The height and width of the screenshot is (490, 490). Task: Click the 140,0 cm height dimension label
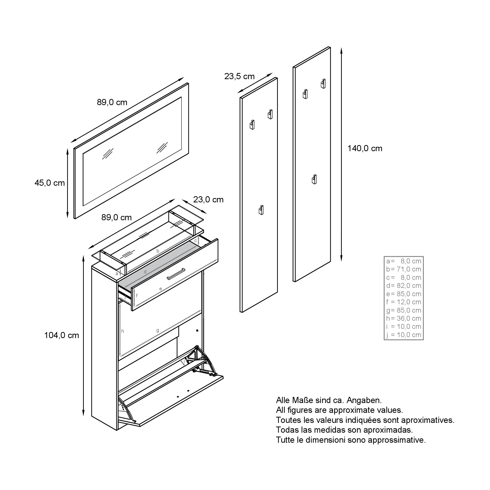click(365, 148)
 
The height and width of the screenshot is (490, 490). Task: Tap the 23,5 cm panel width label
click(239, 76)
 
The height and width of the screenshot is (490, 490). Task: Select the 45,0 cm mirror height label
click(50, 183)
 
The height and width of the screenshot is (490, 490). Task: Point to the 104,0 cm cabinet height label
click(62, 335)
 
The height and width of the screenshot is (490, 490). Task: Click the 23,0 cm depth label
click(208, 200)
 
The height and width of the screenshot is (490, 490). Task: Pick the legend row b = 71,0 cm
click(404, 269)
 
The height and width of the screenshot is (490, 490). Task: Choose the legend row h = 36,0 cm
click(404, 318)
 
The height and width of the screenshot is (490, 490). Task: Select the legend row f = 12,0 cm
click(404, 302)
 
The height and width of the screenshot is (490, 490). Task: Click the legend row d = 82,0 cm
click(404, 286)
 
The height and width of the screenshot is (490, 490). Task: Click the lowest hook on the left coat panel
click(261, 210)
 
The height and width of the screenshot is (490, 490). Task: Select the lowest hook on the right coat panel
click(314, 179)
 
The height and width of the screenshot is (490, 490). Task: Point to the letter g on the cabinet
click(158, 331)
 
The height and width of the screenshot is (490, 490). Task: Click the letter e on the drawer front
click(160, 289)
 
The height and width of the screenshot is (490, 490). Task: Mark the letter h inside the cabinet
click(122, 331)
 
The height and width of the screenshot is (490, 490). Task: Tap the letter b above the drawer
click(158, 251)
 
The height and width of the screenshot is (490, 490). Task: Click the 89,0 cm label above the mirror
click(112, 102)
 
